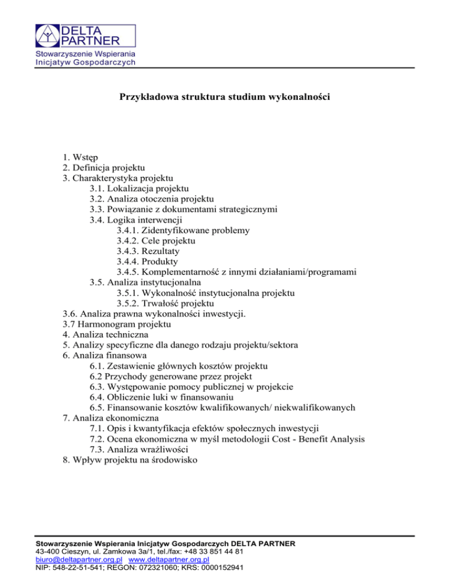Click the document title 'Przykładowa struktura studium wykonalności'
click(225, 96)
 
